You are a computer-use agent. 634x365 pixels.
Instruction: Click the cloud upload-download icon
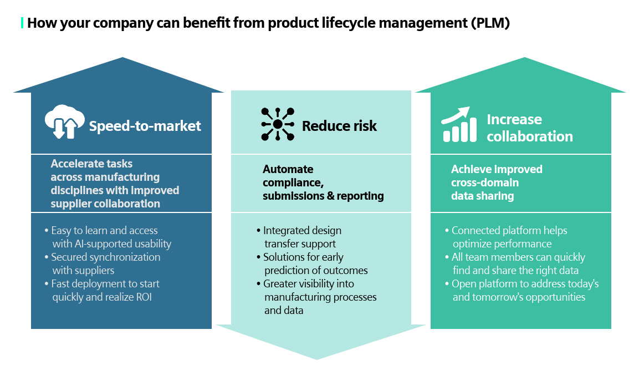pos(64,122)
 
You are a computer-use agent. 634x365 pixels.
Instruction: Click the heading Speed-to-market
pos(145,126)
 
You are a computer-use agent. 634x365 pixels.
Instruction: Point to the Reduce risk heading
pos(339,126)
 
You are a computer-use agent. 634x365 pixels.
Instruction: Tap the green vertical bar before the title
pos(22,23)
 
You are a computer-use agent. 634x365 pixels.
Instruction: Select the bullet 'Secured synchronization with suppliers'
pos(105,264)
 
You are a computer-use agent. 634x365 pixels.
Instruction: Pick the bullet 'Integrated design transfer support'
pos(302,237)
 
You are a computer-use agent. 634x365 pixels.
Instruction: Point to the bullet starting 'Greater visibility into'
pos(319,297)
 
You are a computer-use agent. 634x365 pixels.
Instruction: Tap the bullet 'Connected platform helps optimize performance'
pos(509,237)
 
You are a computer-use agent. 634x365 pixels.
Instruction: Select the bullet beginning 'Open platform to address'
pos(524,291)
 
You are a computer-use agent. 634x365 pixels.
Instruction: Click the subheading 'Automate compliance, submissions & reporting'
pos(323,182)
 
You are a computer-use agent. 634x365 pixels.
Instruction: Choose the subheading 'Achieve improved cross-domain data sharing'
pos(496,182)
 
